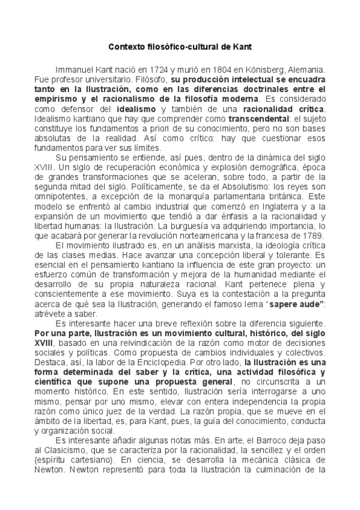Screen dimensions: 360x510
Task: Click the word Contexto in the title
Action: click(127, 46)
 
